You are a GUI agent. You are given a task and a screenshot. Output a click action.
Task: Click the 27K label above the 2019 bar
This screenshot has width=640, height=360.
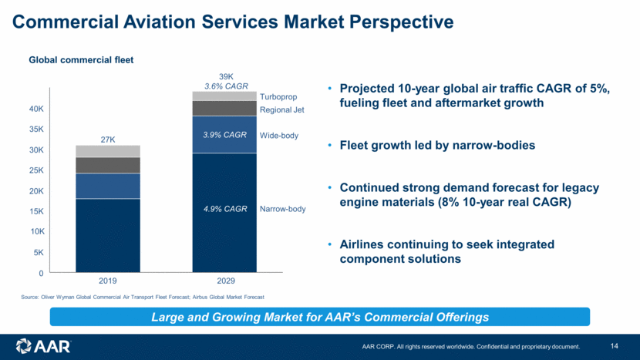108,140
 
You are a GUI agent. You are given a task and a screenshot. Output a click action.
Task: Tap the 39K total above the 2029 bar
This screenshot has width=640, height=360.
226,76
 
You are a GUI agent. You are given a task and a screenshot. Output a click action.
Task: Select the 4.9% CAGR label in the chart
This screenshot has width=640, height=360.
224,209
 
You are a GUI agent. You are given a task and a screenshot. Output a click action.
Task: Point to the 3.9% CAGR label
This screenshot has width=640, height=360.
224,135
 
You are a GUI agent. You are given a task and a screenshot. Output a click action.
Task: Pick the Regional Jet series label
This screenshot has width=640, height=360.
282,110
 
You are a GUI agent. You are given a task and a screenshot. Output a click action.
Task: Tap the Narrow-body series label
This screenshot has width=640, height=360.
283,209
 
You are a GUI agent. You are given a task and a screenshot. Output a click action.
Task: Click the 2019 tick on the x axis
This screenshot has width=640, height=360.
108,282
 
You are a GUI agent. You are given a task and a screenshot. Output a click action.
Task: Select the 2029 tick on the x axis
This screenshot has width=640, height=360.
224,282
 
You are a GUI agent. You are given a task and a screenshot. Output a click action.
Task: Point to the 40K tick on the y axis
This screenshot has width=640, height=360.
36,109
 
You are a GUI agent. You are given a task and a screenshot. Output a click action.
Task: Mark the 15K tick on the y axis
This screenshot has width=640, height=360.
36,211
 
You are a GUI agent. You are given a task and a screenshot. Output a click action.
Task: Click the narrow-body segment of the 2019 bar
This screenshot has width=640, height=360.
108,235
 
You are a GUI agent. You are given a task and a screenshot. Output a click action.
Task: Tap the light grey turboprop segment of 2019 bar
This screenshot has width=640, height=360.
108,151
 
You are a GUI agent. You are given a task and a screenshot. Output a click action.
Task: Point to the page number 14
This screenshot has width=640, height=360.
614,345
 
